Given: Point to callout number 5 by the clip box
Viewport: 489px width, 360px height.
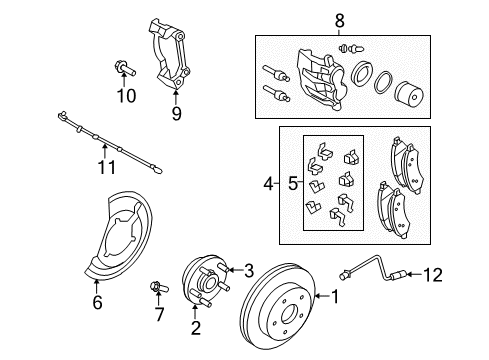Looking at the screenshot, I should (x=292, y=184).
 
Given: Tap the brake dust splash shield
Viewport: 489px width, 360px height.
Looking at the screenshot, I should (x=121, y=238).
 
